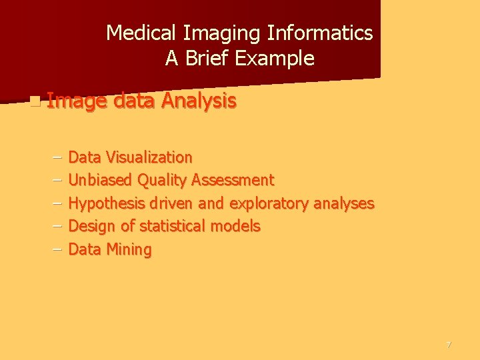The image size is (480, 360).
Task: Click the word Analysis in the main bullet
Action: tap(199, 101)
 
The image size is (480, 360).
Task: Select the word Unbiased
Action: tap(101, 180)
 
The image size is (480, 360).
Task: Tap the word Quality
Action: tap(163, 180)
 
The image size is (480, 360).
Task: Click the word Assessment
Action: tap(233, 180)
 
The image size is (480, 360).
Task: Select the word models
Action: tap(235, 226)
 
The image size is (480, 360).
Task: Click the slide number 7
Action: tap(449, 345)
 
